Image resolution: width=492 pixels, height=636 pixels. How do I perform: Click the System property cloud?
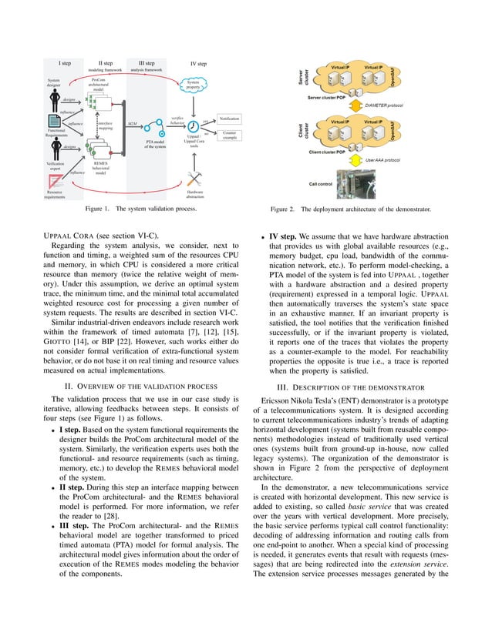[x=197, y=85]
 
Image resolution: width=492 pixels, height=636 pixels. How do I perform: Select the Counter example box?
[x=230, y=135]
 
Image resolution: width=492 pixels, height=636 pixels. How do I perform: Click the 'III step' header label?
[x=146, y=63]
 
